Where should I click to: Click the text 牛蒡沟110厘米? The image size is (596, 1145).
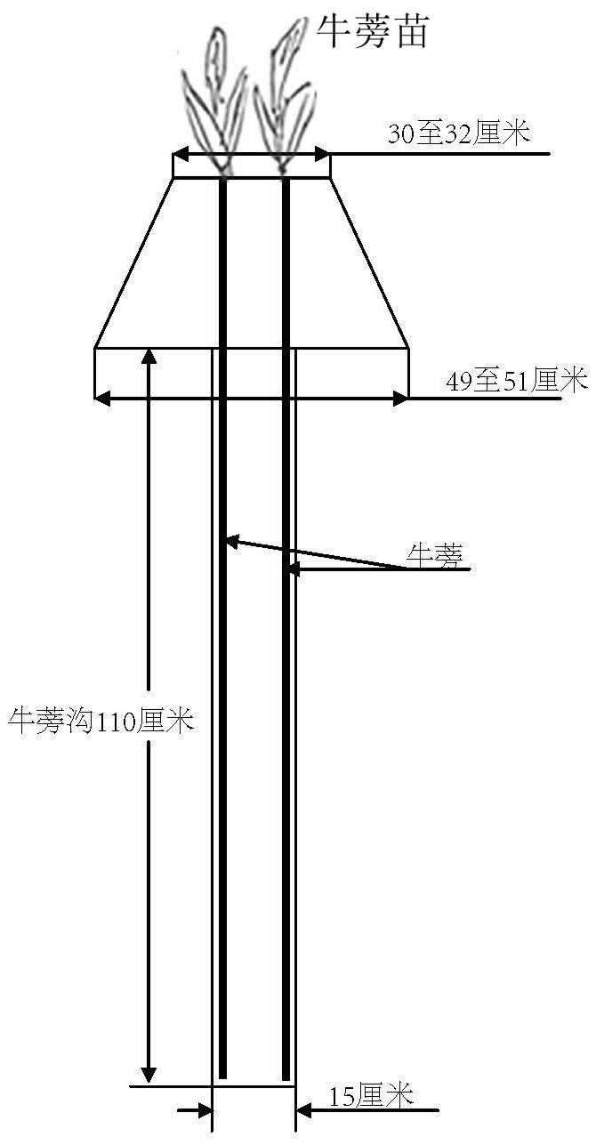click(x=100, y=721)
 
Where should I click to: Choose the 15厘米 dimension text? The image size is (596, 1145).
click(x=371, y=1096)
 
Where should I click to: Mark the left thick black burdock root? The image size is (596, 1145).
click(x=223, y=623)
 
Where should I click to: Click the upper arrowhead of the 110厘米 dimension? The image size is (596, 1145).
click(x=149, y=356)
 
